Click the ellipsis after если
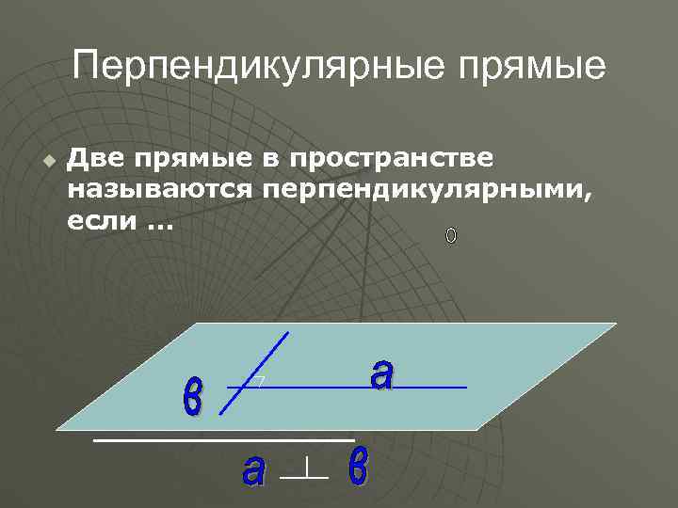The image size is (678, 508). [149, 226]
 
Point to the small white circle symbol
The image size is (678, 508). [451, 235]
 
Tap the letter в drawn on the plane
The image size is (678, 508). [192, 400]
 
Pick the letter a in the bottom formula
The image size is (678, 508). [252, 469]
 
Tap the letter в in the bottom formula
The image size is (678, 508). [358, 468]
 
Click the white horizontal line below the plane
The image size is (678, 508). [223, 439]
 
